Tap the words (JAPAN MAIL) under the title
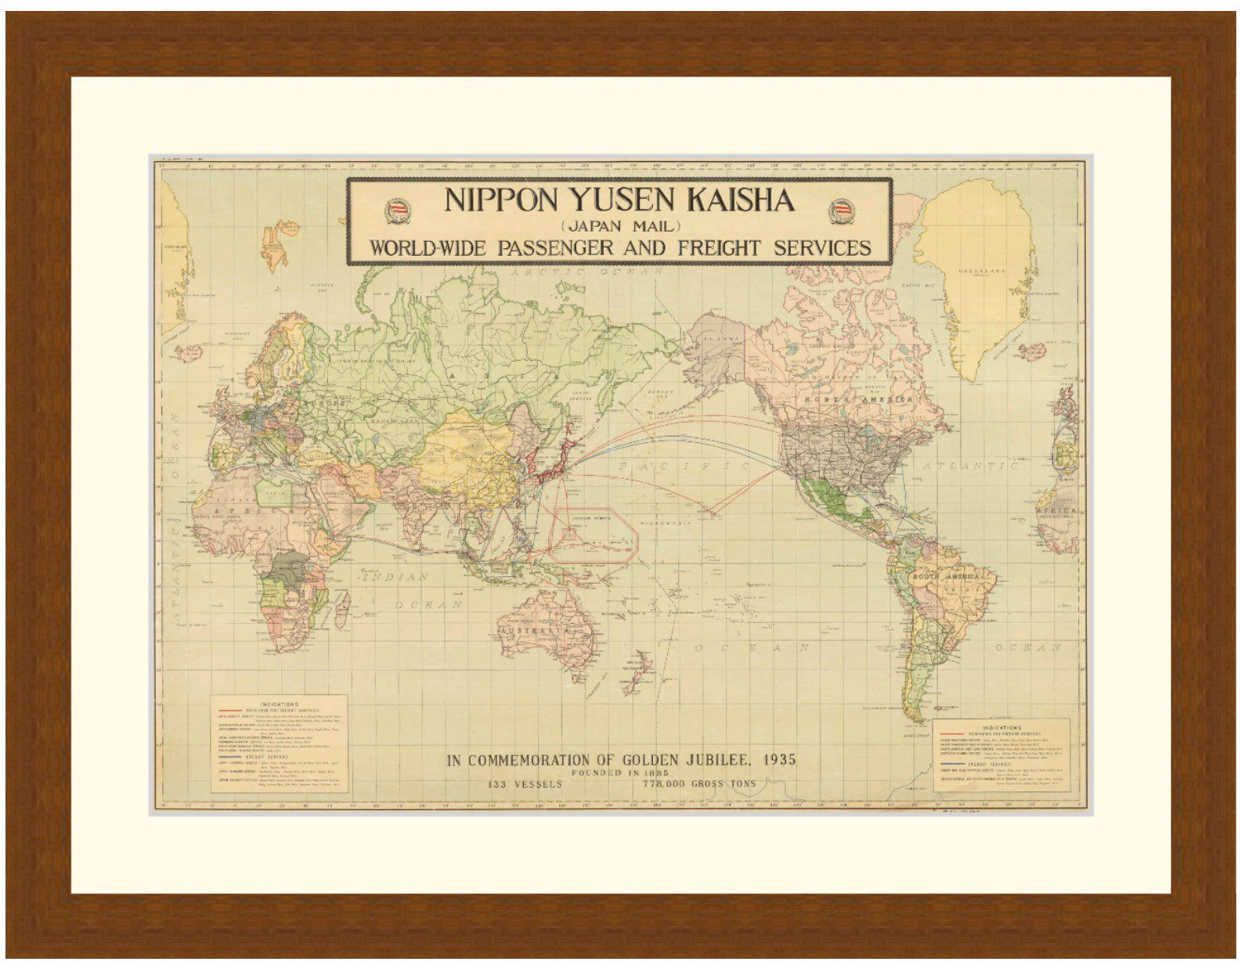coord(620,226)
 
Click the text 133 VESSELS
coord(525,783)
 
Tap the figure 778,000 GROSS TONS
coord(699,783)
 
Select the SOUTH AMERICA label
coord(946,577)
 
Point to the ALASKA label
coord(723,339)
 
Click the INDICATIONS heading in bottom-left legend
coord(278,704)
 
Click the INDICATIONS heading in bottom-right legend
coord(1001,727)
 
